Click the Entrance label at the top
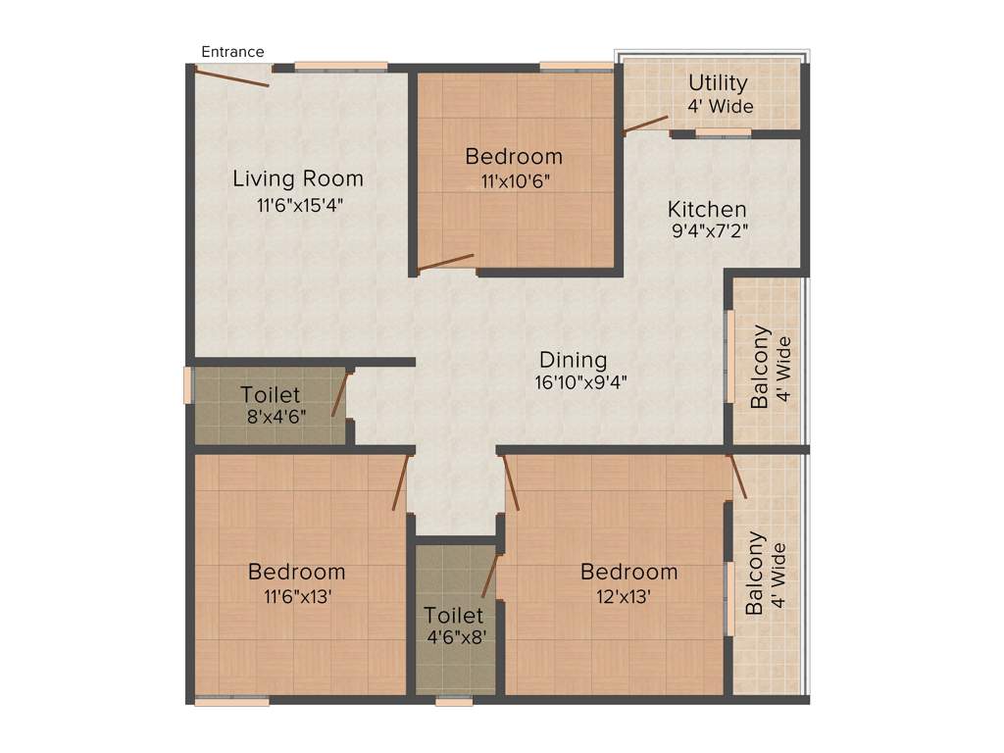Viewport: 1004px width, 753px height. tap(232, 52)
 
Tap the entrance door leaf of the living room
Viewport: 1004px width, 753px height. tap(232, 76)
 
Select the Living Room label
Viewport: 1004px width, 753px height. tap(298, 178)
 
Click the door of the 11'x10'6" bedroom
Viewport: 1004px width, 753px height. tap(446, 262)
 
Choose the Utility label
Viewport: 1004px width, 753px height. tap(718, 83)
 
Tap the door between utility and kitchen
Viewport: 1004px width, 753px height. tap(646, 125)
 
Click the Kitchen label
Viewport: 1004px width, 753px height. tap(707, 209)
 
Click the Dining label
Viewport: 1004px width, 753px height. tap(574, 360)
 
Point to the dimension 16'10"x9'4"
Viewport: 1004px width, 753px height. tap(574, 383)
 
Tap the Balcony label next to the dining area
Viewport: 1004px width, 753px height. tap(760, 367)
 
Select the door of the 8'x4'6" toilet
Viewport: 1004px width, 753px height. tap(340, 394)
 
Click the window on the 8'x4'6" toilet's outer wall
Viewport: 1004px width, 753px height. tap(187, 385)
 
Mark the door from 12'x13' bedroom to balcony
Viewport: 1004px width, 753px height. tap(737, 476)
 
